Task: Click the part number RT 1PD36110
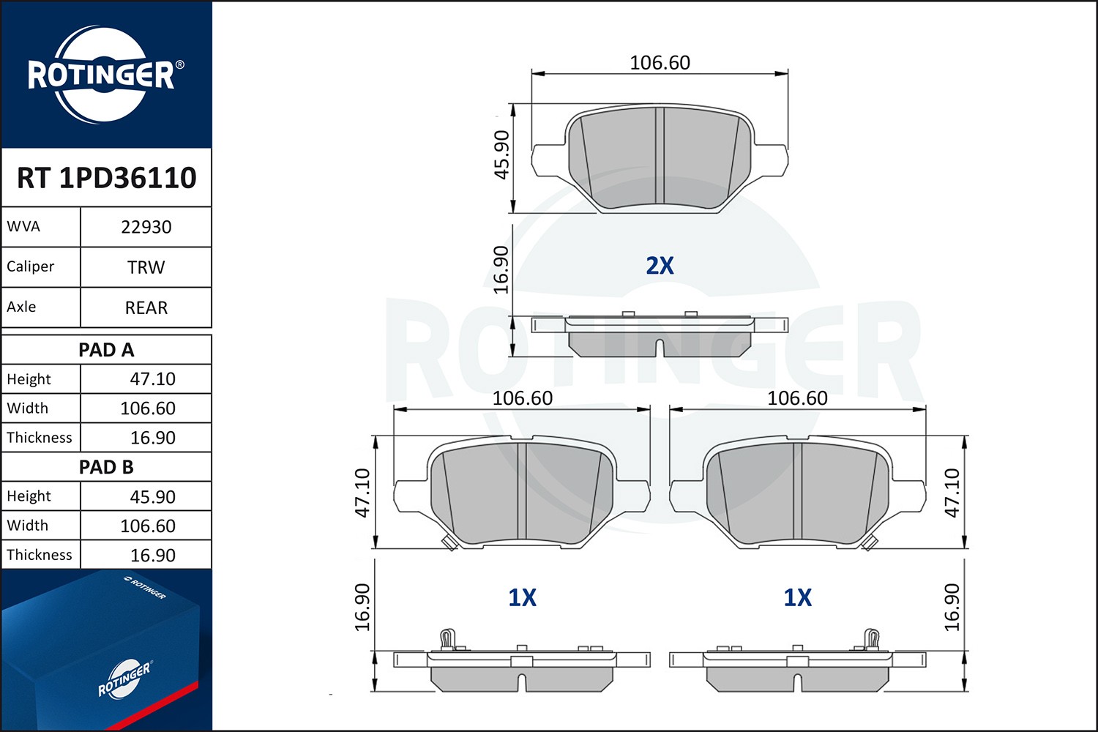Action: [107, 178]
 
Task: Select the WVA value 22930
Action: [146, 227]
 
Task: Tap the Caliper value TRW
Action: [146, 267]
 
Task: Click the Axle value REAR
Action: [146, 307]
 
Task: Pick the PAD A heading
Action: [106, 350]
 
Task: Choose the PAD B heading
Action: [106, 467]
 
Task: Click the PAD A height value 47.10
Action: [152, 379]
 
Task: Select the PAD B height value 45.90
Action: [152, 496]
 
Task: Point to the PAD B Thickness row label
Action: [40, 555]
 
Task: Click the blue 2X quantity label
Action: [660, 266]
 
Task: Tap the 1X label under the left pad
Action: [522, 598]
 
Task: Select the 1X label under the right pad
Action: [797, 598]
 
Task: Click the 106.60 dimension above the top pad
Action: [660, 63]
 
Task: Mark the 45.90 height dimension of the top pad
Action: [501, 154]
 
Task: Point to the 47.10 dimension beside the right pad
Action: [952, 493]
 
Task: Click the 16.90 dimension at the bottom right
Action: [952, 608]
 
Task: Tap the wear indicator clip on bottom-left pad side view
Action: [448, 639]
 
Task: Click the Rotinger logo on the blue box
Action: [124, 679]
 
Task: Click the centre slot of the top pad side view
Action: [660, 348]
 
